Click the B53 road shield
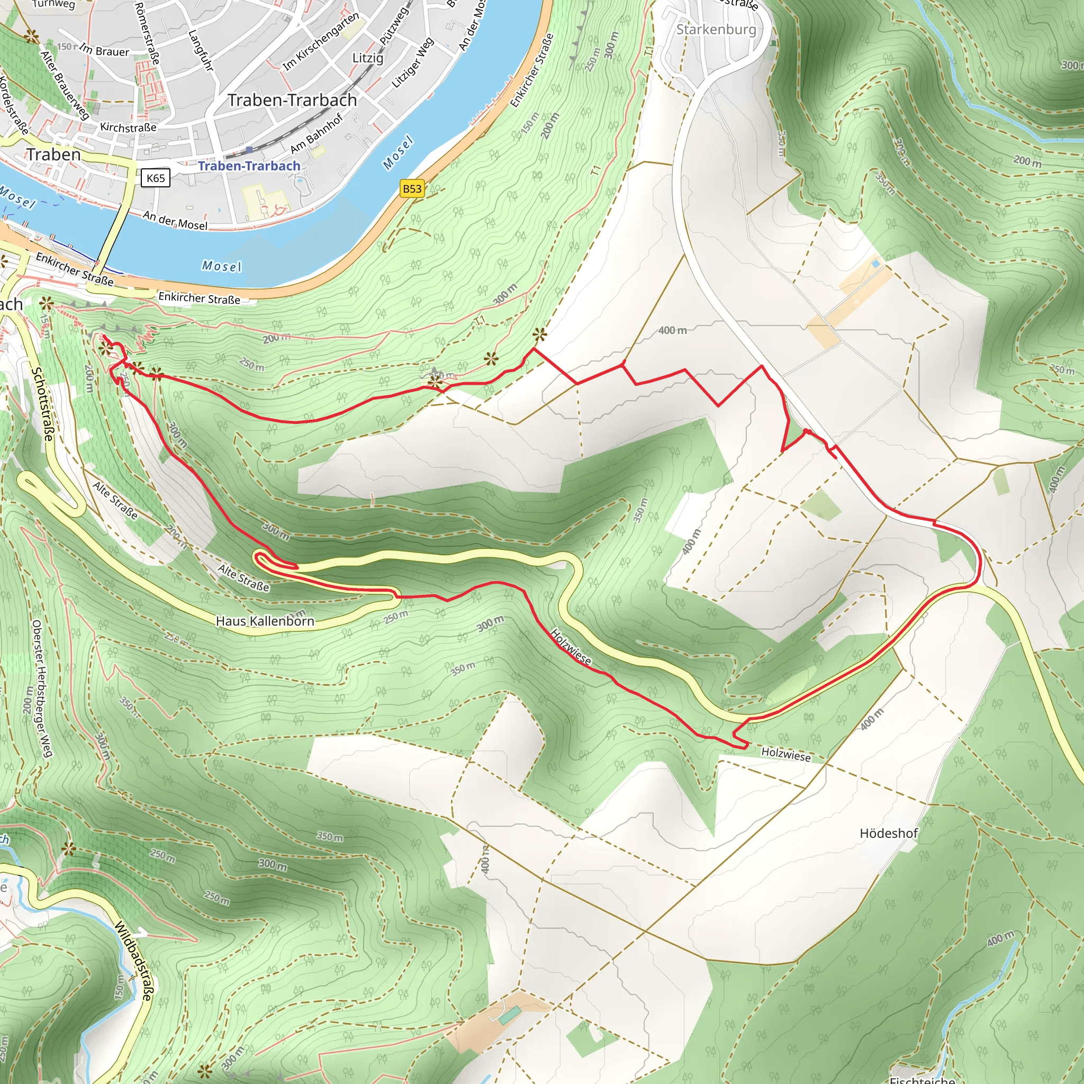coord(412,188)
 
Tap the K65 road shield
coord(156,178)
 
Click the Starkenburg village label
coord(716,29)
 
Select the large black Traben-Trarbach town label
coord(292,100)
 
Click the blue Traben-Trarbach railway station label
coord(249,166)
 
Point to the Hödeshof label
coord(888,833)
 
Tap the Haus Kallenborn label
coord(265,621)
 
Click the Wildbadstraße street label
coord(133,961)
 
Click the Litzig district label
coord(367,58)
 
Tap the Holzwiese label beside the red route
coord(571,647)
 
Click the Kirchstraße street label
coord(128,128)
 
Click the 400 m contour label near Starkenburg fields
coord(672,330)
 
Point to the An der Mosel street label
coord(175,221)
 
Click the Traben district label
coord(54,155)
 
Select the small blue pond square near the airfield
coord(876,263)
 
